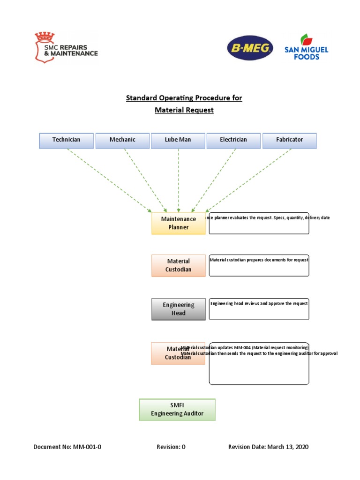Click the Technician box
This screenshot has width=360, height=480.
(x=66, y=140)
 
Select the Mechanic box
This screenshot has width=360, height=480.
(x=122, y=140)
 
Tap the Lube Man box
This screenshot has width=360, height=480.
(x=178, y=140)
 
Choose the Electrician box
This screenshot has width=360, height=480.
(x=233, y=140)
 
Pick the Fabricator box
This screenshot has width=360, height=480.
(x=289, y=140)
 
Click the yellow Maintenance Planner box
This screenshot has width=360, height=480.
(x=178, y=223)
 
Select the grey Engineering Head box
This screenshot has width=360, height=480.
(x=178, y=309)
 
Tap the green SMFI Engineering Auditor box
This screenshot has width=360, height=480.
(x=177, y=410)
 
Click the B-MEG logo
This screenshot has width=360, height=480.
(x=250, y=49)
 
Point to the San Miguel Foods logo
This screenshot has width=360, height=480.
(x=307, y=47)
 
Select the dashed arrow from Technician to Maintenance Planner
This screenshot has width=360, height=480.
(x=109, y=180)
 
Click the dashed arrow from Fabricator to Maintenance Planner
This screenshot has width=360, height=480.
(x=248, y=180)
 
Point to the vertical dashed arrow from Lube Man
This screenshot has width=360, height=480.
(x=178, y=180)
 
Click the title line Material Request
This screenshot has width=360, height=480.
(x=184, y=110)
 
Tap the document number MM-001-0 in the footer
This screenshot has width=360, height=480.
(x=87, y=447)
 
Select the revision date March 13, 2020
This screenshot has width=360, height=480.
(x=288, y=447)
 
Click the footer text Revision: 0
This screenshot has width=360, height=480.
(x=171, y=447)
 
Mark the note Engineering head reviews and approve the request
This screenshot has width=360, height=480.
(x=259, y=304)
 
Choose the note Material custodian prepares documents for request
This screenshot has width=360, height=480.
(x=259, y=260)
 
